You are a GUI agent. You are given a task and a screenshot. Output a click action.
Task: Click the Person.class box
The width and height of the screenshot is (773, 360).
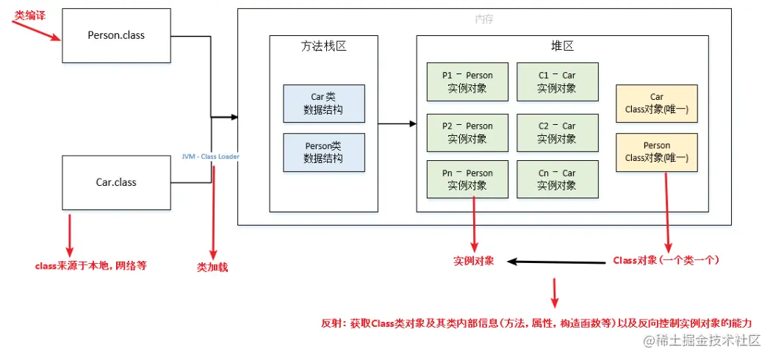pos(116,35)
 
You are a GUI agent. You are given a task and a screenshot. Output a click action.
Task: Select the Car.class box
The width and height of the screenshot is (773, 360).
pos(116,182)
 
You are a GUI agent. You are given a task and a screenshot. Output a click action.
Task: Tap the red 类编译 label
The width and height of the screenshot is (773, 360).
pos(29,15)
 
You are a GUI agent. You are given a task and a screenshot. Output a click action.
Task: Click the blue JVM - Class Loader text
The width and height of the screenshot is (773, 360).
pos(211,156)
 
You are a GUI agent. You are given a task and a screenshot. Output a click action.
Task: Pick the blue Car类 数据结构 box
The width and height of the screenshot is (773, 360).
pos(323,104)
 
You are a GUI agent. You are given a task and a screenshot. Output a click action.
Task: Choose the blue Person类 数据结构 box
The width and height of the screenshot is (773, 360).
pos(323,152)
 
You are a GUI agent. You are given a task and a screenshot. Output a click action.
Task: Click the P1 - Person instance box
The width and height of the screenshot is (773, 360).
pos(467,82)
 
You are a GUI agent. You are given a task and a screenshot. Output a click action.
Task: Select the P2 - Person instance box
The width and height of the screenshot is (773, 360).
pos(467,132)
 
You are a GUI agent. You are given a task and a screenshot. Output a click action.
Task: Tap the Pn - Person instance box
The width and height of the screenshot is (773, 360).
pos(467,179)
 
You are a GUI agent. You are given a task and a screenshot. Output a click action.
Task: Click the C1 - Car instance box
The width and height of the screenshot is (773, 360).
pos(557,82)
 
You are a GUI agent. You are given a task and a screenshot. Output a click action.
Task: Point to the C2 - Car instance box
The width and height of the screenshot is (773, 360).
pos(557,132)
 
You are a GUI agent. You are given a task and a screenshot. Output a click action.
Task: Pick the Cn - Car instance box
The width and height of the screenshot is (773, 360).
pos(557,179)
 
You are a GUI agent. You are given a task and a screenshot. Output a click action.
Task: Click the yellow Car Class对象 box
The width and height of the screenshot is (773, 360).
pos(656,104)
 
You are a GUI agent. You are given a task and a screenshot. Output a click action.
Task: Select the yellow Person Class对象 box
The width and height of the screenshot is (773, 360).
pos(656,152)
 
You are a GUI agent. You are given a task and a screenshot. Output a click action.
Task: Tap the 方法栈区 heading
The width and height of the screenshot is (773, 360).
pos(323,46)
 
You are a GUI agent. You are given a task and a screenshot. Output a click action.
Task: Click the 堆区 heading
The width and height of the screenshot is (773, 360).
pos(562,46)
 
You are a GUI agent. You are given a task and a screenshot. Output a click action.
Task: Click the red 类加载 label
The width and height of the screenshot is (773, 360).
pos(212,267)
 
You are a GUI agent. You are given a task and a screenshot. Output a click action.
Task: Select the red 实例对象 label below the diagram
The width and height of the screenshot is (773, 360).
pos(473,261)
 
